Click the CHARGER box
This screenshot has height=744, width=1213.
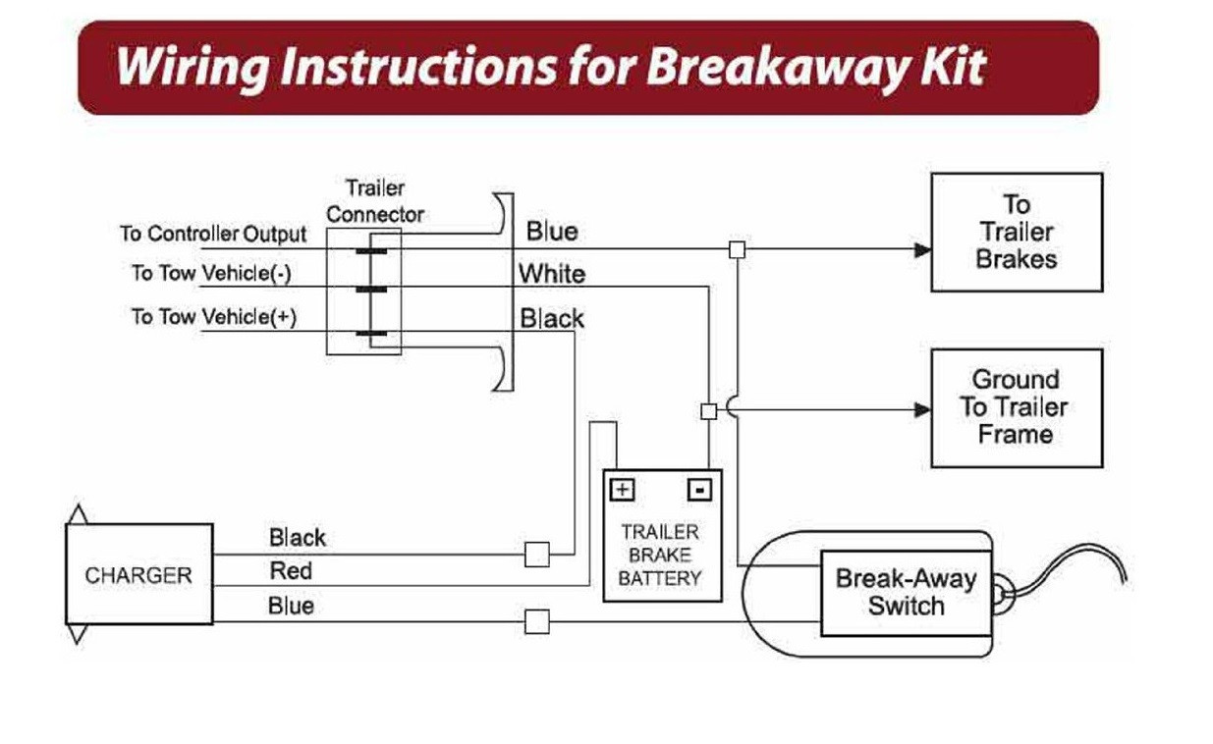tap(138, 575)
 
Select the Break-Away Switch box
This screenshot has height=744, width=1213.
tap(906, 592)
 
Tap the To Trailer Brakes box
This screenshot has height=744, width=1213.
tap(1016, 233)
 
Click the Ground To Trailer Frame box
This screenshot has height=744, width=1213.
tap(1016, 407)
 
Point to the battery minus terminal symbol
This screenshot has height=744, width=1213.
tap(698, 489)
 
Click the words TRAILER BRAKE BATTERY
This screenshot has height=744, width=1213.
tap(660, 555)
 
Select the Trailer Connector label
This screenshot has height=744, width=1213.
tap(375, 200)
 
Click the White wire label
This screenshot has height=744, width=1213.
tap(552, 274)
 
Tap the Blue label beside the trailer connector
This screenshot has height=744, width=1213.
tap(552, 232)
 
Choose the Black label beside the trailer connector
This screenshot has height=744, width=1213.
tap(552, 318)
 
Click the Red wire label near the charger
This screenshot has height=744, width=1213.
tap(291, 570)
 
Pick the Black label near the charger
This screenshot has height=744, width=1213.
tap(297, 537)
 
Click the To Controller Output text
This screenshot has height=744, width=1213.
tap(213, 234)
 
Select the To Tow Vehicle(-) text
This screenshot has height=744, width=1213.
tap(211, 273)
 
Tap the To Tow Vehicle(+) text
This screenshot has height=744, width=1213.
tap(214, 316)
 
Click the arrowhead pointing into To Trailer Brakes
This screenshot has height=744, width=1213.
tap(922, 249)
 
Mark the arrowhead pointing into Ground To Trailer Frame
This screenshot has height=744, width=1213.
tap(922, 408)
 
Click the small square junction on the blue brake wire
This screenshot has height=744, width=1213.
tap(737, 249)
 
